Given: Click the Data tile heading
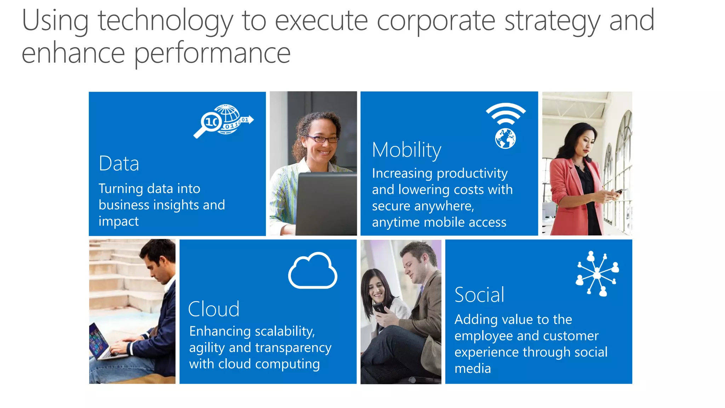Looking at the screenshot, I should (x=119, y=164).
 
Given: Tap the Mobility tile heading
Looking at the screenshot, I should (x=406, y=150).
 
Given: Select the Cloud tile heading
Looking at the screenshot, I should (x=213, y=309).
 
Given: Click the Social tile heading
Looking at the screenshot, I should (x=479, y=295).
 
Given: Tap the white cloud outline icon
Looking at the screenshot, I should (x=313, y=271).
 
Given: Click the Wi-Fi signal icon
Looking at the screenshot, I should (x=506, y=113).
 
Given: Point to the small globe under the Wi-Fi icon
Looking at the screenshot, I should (x=505, y=138).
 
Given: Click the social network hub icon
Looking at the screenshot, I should (x=598, y=273).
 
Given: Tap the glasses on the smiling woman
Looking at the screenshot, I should (x=321, y=139).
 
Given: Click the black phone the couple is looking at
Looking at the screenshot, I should (x=379, y=308).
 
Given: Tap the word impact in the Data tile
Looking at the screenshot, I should (x=119, y=221).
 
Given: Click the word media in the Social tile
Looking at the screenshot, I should (x=473, y=369).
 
